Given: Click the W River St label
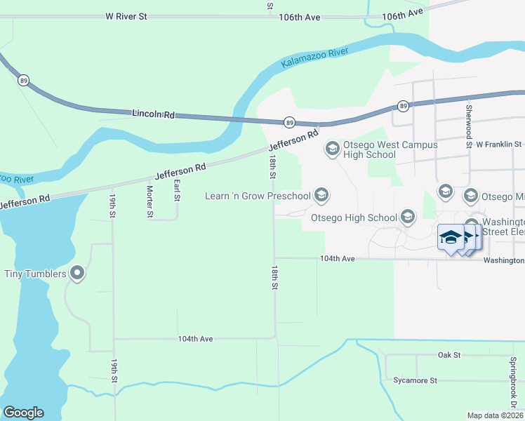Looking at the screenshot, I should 126,15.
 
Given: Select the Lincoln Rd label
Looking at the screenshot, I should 152,113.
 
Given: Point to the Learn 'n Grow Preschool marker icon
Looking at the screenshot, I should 321,195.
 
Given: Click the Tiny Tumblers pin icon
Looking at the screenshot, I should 77,273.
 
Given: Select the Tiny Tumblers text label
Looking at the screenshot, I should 36,274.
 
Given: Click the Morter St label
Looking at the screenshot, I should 149,201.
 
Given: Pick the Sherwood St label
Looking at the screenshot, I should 469,127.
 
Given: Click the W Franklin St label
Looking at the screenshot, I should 499,145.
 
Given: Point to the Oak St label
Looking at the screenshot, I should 448,355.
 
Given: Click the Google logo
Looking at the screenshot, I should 23,413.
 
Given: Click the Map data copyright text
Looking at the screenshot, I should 496,415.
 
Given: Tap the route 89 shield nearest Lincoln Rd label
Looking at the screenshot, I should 289,122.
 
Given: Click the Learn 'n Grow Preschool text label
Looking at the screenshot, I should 258,196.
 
